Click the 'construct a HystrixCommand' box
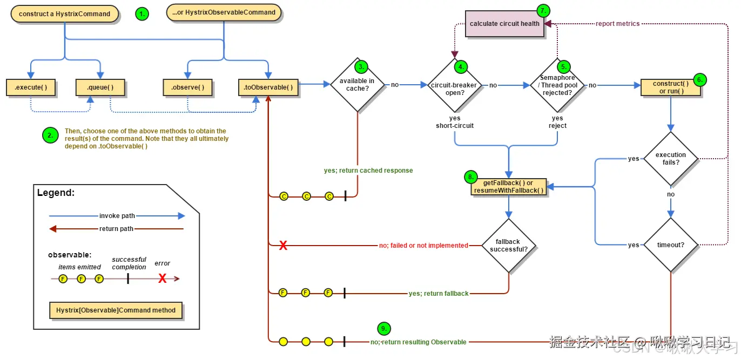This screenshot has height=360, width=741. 64,14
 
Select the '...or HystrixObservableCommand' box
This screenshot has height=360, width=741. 224,12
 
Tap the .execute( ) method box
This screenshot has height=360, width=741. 31,87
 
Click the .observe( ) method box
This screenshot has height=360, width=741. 187,87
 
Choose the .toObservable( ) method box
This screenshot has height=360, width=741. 268,87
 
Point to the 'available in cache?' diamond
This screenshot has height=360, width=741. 357,85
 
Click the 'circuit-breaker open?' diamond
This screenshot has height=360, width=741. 454,89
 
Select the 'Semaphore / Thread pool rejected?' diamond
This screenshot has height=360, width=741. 557,85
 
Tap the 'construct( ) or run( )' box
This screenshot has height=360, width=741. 670,87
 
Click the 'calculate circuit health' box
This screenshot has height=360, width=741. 504,24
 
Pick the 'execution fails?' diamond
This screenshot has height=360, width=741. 671,159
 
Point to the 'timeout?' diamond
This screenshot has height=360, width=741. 671,245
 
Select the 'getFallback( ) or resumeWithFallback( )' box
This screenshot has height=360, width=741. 508,187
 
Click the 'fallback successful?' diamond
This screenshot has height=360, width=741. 508,246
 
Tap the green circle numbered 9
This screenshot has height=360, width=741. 383,328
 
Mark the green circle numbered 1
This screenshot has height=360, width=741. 142,15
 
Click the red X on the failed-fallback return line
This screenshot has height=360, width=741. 282,246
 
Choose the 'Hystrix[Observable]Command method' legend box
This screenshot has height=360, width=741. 116,310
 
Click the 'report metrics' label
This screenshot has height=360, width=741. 617,24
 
